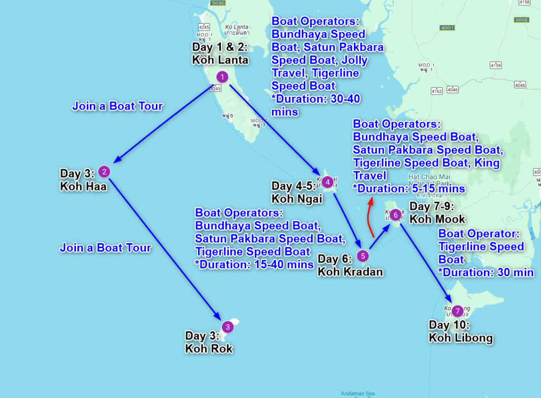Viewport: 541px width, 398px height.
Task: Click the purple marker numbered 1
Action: pos(222,77)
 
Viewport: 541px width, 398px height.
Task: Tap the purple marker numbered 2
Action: pos(105,171)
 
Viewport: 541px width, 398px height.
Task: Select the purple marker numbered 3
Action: pos(227,327)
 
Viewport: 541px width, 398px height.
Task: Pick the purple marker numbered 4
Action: pos(327,182)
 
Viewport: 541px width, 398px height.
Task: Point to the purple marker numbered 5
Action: pos(362,256)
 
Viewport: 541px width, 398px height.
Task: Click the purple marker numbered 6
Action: pos(396,215)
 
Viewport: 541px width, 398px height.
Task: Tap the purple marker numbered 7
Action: pos(458,311)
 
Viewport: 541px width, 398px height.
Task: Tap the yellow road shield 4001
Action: pos(447,27)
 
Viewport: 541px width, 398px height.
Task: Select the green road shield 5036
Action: pos(217,3)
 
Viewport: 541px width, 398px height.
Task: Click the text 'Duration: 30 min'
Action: pos(488,272)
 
